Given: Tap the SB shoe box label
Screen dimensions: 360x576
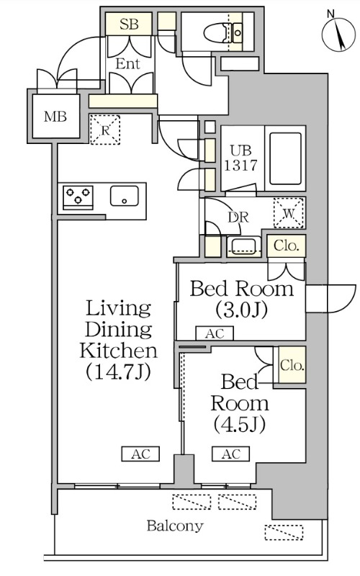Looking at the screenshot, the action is [129, 24].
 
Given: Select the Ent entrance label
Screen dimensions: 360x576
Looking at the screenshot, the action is [127, 64].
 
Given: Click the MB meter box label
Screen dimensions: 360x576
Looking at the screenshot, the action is [55, 117].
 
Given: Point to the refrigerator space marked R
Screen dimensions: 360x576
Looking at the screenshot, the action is [105, 130].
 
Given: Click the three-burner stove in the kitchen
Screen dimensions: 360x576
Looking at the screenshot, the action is [78, 197].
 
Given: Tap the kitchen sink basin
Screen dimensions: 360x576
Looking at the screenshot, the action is [125, 196].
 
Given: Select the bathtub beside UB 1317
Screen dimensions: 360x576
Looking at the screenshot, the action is [285, 158].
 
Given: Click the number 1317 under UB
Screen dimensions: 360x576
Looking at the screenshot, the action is [240, 166].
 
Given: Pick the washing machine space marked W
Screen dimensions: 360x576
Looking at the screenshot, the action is [289, 213].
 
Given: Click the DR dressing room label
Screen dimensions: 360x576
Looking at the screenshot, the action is [238, 217].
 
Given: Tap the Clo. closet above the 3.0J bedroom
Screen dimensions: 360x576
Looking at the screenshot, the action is [286, 246].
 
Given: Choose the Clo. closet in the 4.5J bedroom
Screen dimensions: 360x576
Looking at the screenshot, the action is [292, 365].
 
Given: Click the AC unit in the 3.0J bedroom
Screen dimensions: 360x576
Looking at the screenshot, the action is [215, 333].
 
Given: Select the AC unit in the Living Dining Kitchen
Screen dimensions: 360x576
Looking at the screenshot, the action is [140, 454].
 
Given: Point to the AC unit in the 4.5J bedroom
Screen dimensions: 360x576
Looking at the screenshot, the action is [230, 454].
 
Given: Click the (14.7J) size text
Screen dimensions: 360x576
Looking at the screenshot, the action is [118, 372].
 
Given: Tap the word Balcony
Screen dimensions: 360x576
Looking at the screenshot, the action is [175, 526].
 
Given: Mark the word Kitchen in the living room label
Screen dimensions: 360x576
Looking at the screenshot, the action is [118, 351].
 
